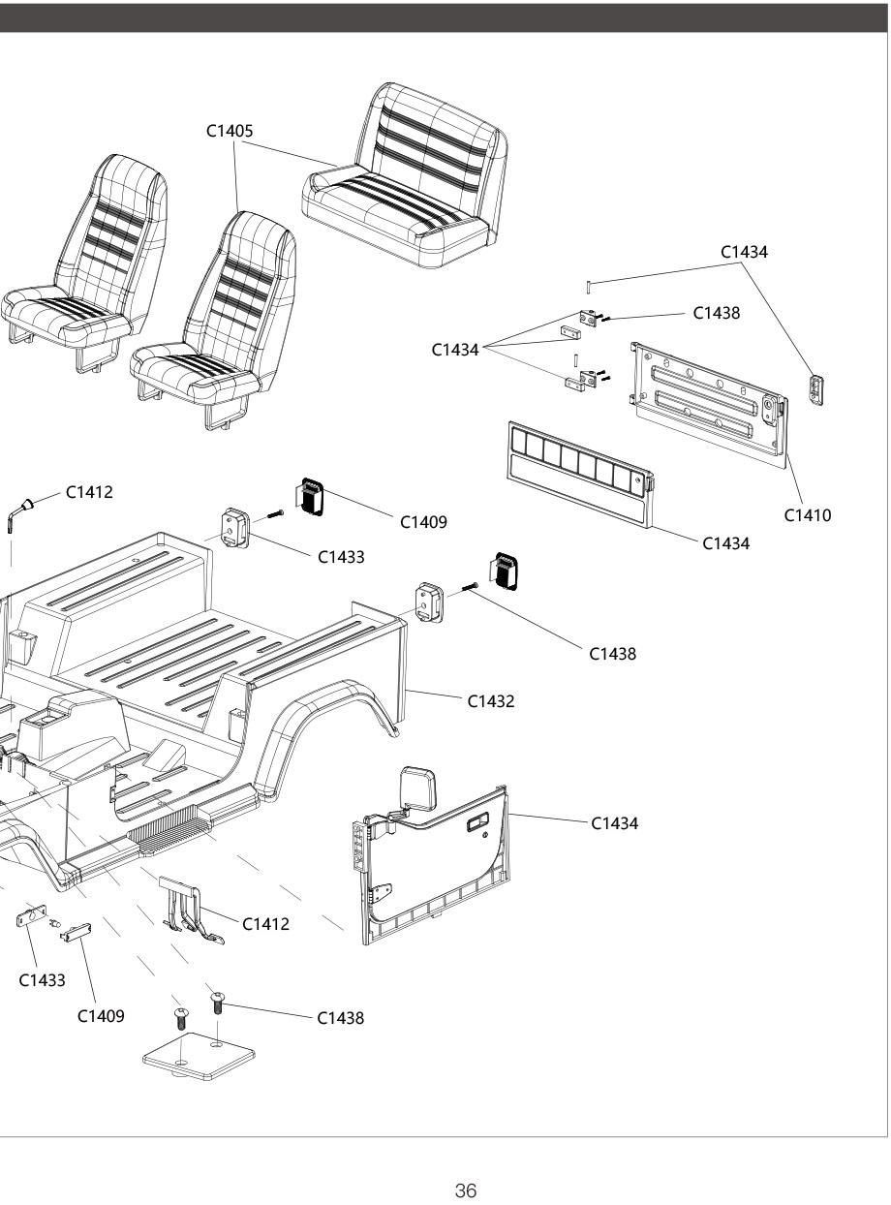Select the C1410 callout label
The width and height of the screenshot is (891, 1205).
click(808, 514)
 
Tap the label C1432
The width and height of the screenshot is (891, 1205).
click(491, 700)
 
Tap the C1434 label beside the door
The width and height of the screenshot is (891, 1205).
click(614, 823)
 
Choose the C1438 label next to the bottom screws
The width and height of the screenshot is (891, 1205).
click(341, 1018)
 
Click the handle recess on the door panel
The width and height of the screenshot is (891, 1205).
click(476, 824)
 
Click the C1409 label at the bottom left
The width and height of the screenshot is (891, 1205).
click(101, 1016)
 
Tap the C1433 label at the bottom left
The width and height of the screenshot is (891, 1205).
click(43, 980)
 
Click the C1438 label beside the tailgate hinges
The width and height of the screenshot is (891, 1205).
click(717, 313)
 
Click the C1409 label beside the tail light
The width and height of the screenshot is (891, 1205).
click(424, 522)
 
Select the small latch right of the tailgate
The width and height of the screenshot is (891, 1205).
click(817, 390)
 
